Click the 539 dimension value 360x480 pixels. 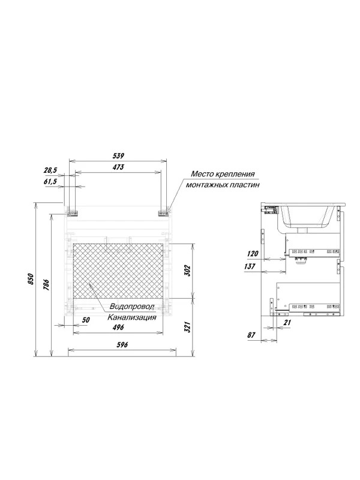pos(118,156)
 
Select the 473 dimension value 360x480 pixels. pos(118,167)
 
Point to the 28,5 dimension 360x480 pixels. pos(50,170)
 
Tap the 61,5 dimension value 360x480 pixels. pos(50,182)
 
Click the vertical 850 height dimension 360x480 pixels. pos(31,279)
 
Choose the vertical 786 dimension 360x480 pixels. pos(46,286)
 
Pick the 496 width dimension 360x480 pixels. pos(118,327)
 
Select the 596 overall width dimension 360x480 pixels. pos(122,344)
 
